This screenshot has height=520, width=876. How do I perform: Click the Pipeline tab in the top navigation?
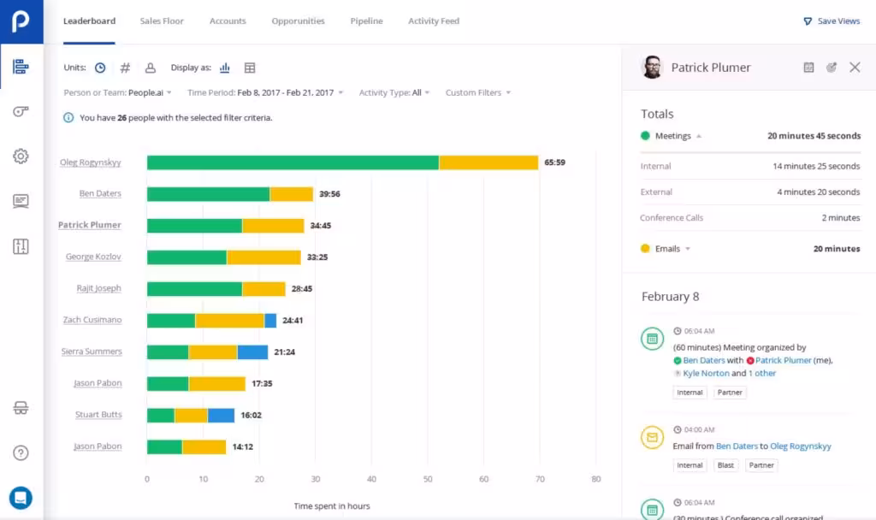[x=366, y=21]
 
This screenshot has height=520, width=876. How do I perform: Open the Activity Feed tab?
[x=434, y=21]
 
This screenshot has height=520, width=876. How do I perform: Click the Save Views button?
[x=832, y=21]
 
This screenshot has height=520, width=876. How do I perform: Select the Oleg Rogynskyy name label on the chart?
[x=91, y=162]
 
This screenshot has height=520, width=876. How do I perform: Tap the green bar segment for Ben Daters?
[x=208, y=194]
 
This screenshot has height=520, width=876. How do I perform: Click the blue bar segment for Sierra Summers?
[x=252, y=352]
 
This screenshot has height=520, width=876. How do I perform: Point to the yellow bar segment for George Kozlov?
[x=263, y=257]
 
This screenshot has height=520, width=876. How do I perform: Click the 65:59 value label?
[x=554, y=162]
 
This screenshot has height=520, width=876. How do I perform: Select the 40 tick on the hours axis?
[x=371, y=479]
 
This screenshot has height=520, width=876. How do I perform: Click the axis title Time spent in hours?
[x=332, y=506]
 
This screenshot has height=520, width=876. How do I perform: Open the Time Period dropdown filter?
[x=265, y=92]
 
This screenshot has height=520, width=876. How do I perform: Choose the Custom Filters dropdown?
[x=478, y=92]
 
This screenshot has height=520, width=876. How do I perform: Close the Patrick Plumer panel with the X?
[x=855, y=68]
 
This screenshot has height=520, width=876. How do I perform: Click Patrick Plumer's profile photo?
[x=652, y=68]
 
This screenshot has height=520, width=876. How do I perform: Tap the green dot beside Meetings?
[x=645, y=136]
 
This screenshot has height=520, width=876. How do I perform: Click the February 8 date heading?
[x=670, y=297]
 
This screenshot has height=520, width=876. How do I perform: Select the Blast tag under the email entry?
[x=725, y=465]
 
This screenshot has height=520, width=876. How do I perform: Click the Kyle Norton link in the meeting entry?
[x=705, y=374]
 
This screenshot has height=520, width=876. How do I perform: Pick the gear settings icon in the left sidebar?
[x=21, y=157]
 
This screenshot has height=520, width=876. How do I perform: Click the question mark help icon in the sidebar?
[x=21, y=453]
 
